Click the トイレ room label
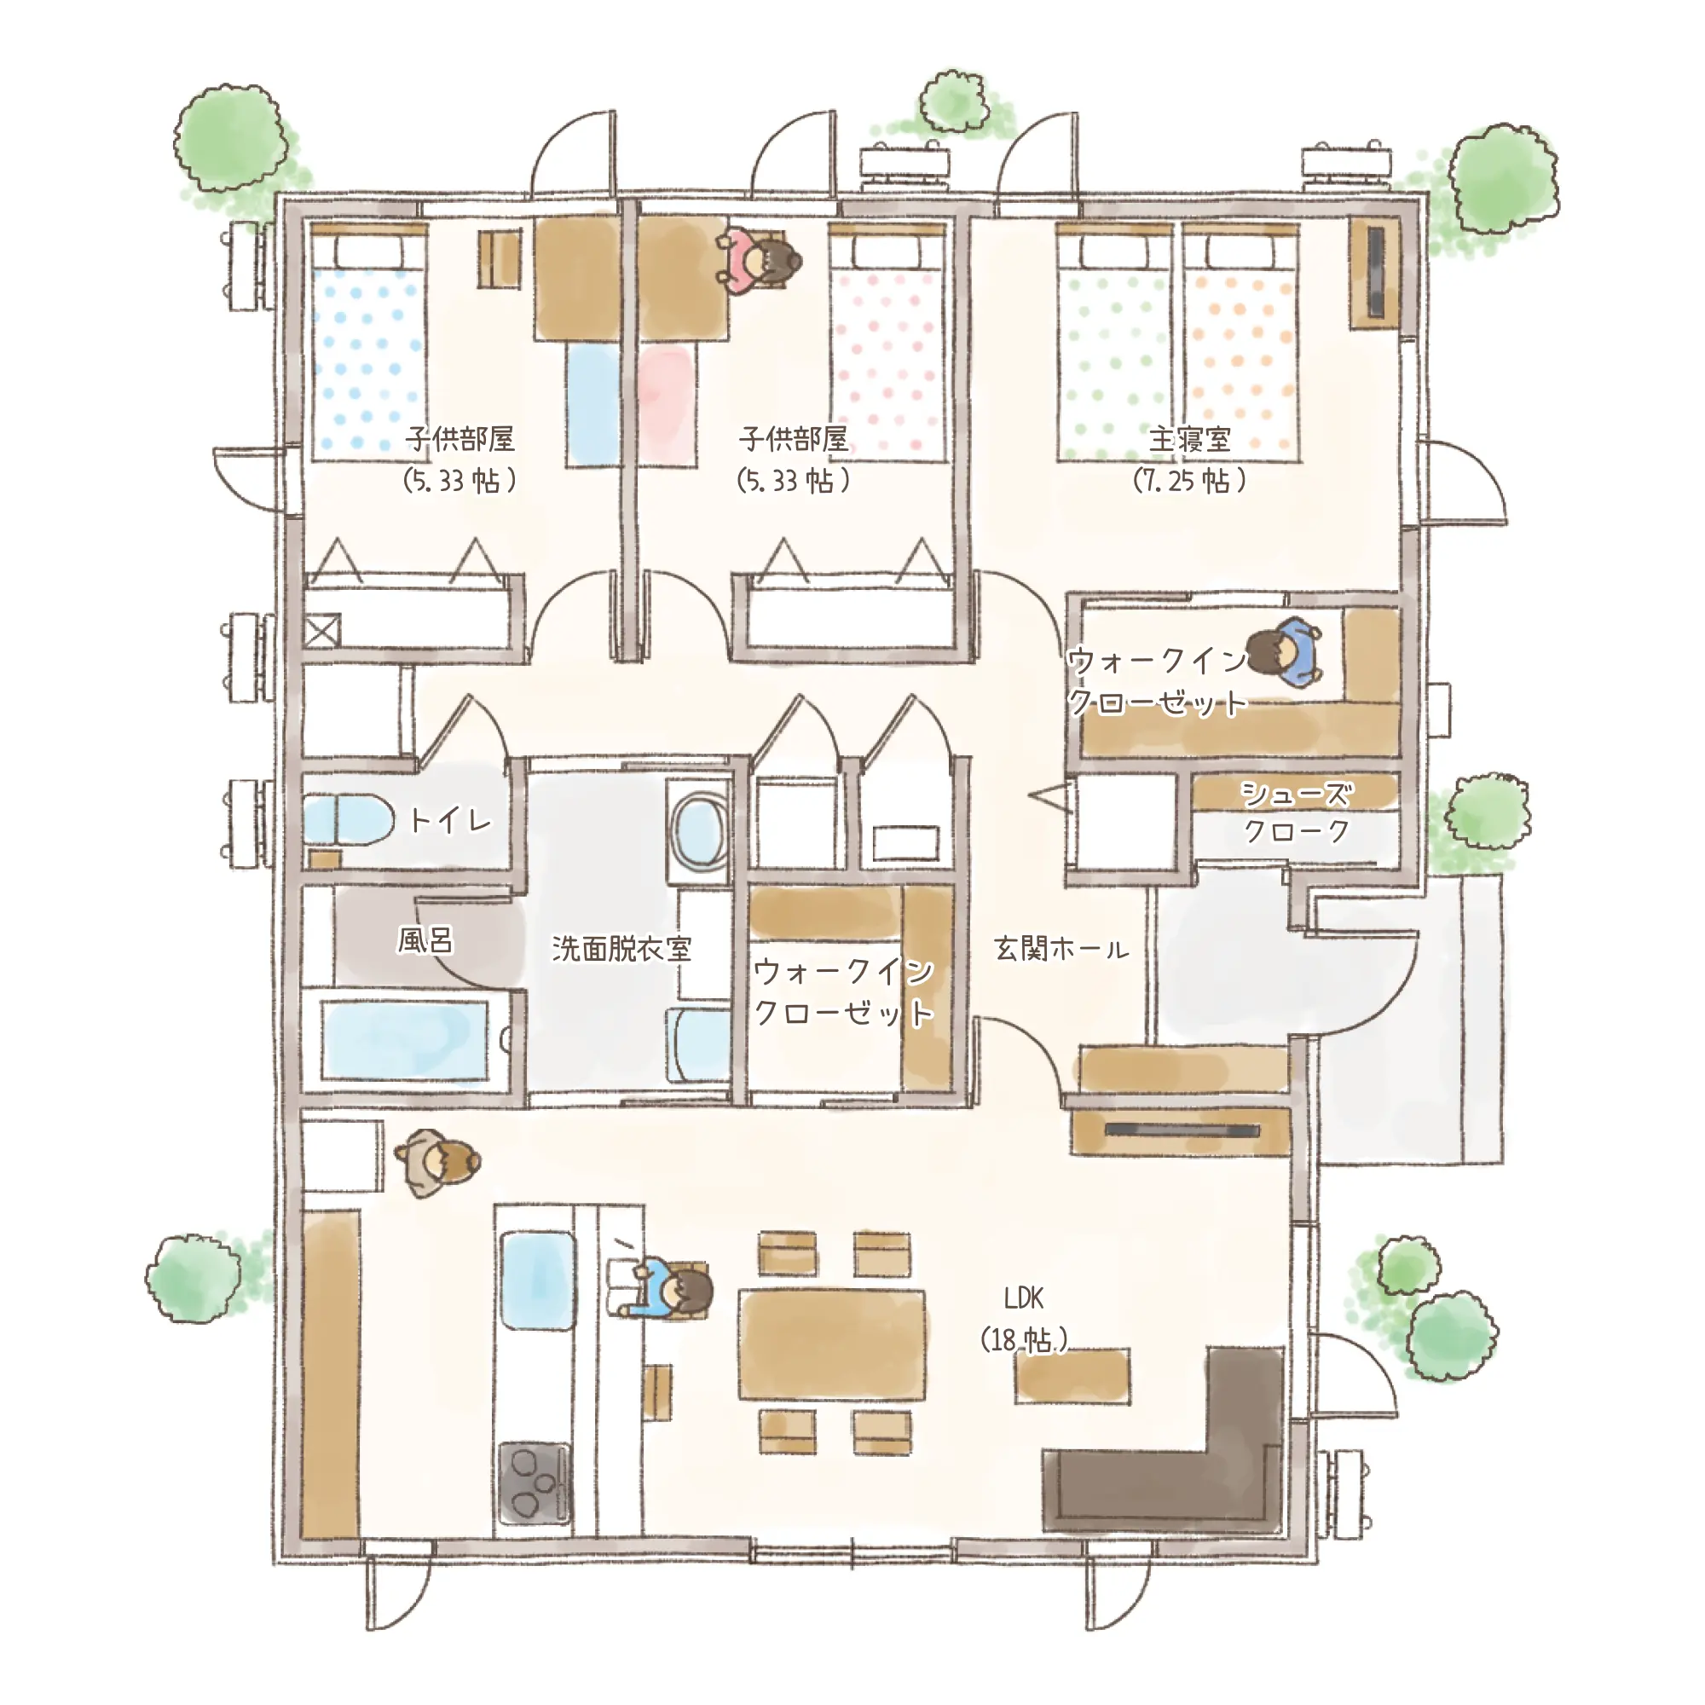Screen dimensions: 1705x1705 click(x=450, y=820)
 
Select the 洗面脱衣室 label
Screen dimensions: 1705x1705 click(x=621, y=949)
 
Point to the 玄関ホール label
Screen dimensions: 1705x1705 click(x=1061, y=949)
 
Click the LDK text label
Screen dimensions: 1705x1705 click(x=1024, y=1298)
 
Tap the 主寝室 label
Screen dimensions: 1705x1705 click(x=1188, y=438)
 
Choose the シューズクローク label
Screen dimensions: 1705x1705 click(x=1296, y=812)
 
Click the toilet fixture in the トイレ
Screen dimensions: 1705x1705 click(x=348, y=820)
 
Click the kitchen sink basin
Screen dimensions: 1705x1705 click(x=537, y=1282)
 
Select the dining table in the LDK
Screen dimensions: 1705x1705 click(x=832, y=1345)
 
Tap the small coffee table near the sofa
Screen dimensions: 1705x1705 click(x=1072, y=1377)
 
